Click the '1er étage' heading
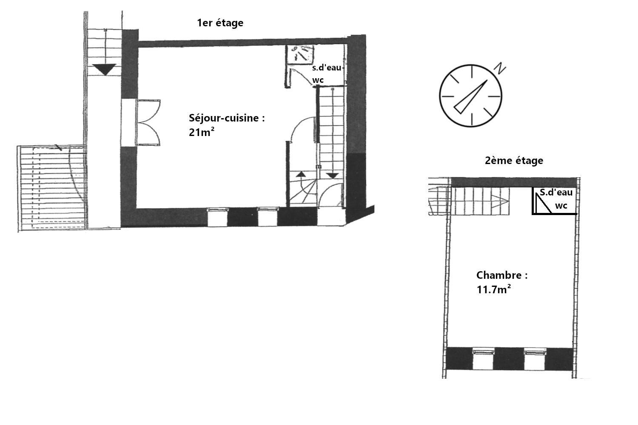[x=220, y=23]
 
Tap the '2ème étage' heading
[x=514, y=161]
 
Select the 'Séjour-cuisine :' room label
[x=227, y=118]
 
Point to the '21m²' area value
[x=201, y=132]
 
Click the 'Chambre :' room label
[x=502, y=275]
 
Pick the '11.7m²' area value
[x=493, y=289]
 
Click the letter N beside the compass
[x=500, y=68]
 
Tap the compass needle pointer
[x=470, y=97]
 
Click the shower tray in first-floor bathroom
[x=300, y=54]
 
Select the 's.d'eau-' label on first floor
[x=328, y=68]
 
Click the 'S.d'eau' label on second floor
[x=556, y=193]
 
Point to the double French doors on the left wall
[x=148, y=122]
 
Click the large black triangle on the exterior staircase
[x=105, y=69]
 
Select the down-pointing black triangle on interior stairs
[x=332, y=176]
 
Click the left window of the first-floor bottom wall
[x=218, y=217]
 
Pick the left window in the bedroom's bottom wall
[x=483, y=360]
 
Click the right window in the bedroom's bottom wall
[x=535, y=360]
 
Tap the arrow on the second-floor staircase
[x=501, y=201]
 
